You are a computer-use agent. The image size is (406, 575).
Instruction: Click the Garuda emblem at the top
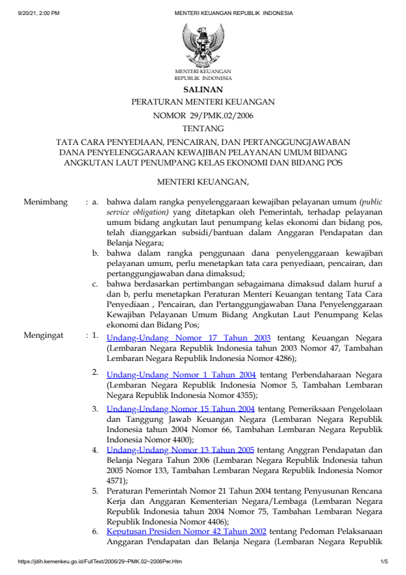coord(202,44)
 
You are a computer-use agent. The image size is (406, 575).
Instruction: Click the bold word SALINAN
coord(202,90)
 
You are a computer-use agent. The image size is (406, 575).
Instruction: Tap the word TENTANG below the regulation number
coord(202,128)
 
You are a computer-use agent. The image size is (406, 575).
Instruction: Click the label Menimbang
coord(46,202)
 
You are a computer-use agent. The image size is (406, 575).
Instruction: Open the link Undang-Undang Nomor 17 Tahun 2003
coord(189,338)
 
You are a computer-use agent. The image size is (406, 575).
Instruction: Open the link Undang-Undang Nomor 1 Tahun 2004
coord(181,375)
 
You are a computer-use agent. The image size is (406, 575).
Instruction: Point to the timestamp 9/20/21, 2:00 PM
coord(39,13)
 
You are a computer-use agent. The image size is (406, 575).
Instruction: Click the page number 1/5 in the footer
coord(383,561)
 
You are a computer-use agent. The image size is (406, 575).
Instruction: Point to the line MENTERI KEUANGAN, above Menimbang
coord(202,182)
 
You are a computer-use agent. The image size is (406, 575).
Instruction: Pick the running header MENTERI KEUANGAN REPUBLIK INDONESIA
coord(234,13)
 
